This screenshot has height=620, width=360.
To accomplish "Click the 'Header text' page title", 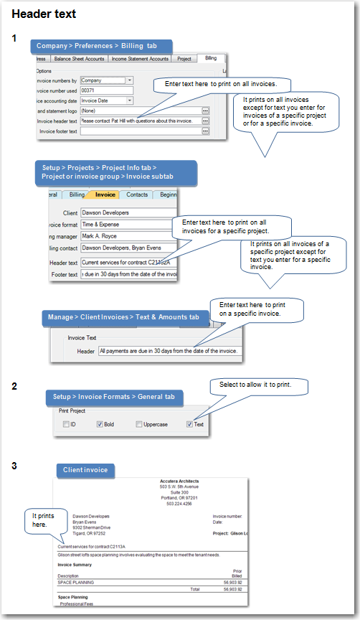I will (x=44, y=14).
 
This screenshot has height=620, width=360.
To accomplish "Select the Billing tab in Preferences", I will (x=210, y=59).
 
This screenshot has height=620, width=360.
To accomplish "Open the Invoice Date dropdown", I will (x=129, y=100).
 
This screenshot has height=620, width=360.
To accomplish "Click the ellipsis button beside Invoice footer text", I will (x=205, y=131).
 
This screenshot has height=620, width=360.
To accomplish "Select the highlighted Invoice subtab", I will (x=105, y=194).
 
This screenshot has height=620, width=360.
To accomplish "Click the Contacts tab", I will (x=137, y=194).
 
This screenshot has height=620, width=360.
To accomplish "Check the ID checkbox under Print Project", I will (x=66, y=424).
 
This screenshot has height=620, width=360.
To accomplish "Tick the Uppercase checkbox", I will (x=140, y=424).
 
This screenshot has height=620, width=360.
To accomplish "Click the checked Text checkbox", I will (x=189, y=424).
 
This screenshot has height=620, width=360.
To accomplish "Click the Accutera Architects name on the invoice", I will (x=179, y=481).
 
